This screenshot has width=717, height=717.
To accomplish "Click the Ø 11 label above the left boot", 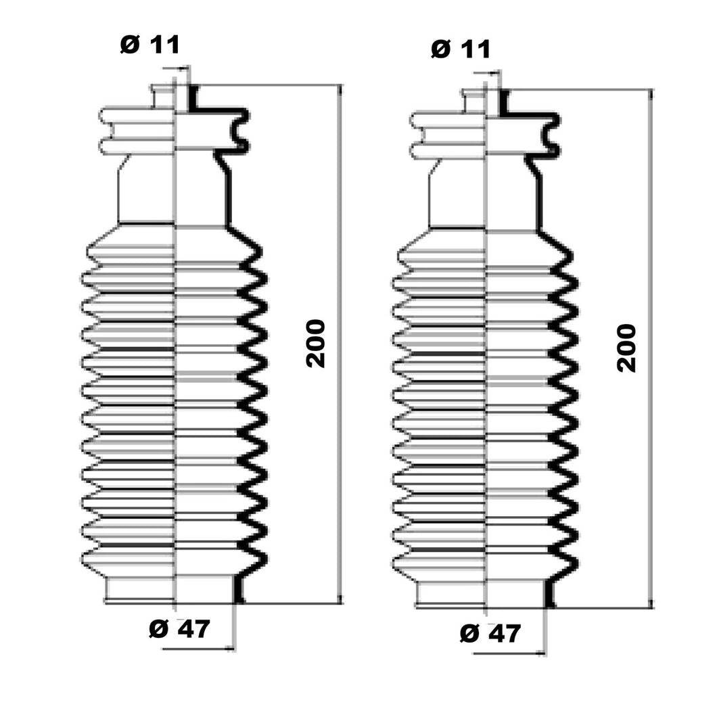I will point(150,46).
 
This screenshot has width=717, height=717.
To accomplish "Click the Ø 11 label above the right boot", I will point(461,49).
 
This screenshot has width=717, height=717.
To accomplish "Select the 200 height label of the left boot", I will point(316,343).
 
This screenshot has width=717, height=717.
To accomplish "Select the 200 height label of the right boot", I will point(627,347).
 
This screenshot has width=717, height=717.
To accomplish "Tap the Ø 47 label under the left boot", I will point(179,629).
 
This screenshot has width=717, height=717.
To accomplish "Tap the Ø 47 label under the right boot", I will point(490,634).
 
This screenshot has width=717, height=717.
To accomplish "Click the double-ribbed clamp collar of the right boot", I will point(485,135).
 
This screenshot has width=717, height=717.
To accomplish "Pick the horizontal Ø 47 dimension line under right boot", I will point(511,654).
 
